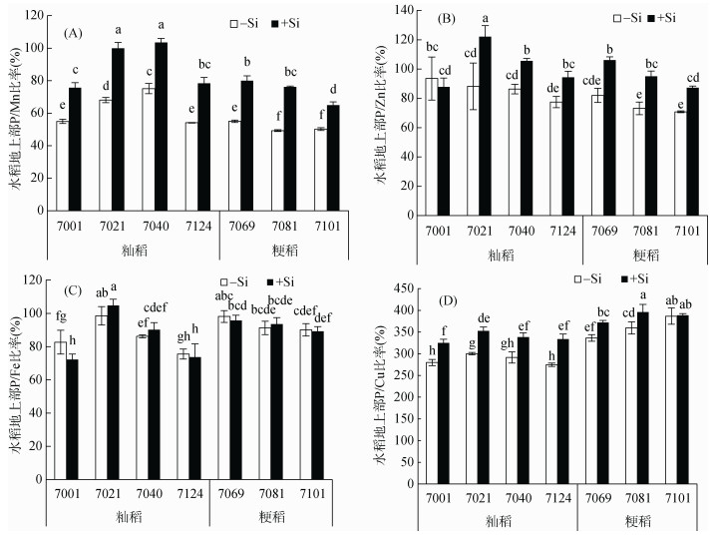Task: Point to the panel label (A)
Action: coord(72,33)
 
